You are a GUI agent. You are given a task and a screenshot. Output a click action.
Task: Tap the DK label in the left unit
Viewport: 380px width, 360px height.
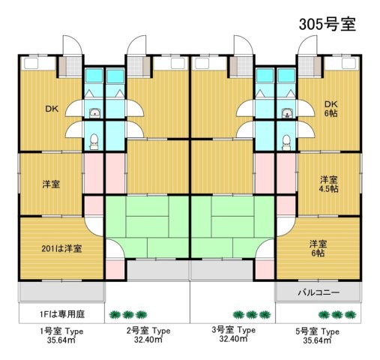pos(51,109)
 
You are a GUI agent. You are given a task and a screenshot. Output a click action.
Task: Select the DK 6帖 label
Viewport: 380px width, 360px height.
pos(331,109)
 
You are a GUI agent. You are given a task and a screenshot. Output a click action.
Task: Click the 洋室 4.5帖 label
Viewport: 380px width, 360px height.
pos(328,184)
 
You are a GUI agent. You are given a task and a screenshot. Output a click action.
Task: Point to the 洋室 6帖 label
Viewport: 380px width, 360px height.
pos(318,248)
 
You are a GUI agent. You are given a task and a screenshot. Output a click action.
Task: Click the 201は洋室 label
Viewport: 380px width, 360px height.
pos(61,248)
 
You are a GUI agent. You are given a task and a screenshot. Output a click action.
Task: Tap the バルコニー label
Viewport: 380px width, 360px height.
pos(319,292)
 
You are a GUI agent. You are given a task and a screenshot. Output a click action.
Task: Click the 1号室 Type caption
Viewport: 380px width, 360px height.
pos(61,331)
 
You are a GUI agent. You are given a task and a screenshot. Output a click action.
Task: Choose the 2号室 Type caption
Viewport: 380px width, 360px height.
pos(147,331)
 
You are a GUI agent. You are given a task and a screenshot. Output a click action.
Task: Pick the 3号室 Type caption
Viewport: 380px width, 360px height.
pos(233,331)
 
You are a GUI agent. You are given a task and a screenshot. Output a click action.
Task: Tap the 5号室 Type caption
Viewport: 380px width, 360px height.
pos(319,331)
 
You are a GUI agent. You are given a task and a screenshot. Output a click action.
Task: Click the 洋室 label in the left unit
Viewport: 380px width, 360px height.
pos(51,184)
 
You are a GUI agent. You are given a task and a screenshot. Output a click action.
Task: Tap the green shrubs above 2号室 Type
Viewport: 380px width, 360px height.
pos(127,315)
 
